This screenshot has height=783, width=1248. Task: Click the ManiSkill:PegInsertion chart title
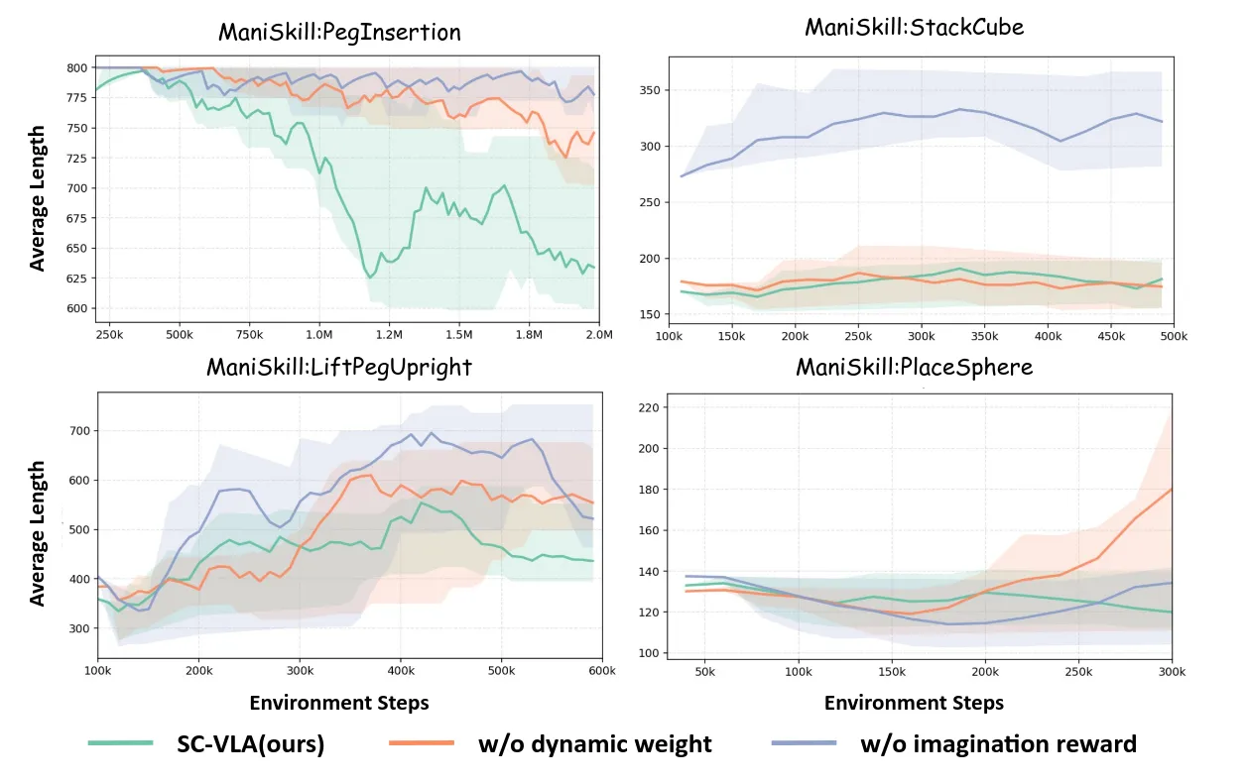pos(339,32)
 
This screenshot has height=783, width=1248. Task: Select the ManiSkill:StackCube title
pos(914,27)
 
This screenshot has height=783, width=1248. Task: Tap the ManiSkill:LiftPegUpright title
pos(339,367)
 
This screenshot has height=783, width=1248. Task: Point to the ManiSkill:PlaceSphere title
pos(914,367)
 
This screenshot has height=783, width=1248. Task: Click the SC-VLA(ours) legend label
pos(250,743)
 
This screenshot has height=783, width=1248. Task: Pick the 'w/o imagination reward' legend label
pos(998,743)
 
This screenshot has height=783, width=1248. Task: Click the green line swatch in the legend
pos(121,742)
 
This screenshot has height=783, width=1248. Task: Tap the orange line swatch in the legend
pos(422,742)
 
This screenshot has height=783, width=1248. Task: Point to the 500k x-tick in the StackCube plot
pos(1174,335)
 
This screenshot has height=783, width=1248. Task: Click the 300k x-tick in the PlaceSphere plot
pos(1172,671)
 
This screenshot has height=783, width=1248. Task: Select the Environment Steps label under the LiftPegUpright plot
pos(339,703)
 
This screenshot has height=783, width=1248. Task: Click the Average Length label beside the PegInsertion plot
pos(38,197)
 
